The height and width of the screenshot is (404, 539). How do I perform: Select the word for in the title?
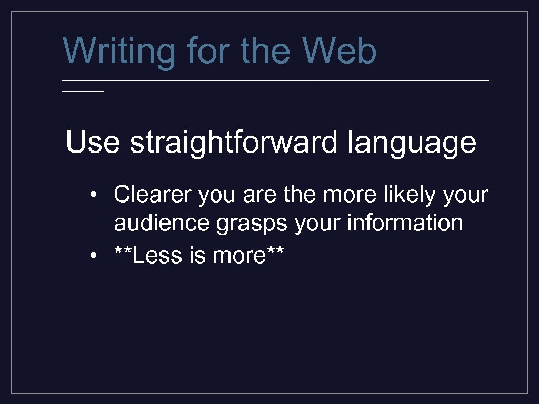pyautogui.click(x=208, y=51)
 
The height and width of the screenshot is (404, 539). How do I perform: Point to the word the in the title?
pyautogui.click(x=266, y=51)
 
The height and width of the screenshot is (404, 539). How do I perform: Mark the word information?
pyautogui.click(x=405, y=223)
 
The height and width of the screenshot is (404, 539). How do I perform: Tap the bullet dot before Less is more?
pyautogui.click(x=93, y=256)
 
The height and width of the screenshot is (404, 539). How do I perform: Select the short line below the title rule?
pyautogui.click(x=83, y=91)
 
